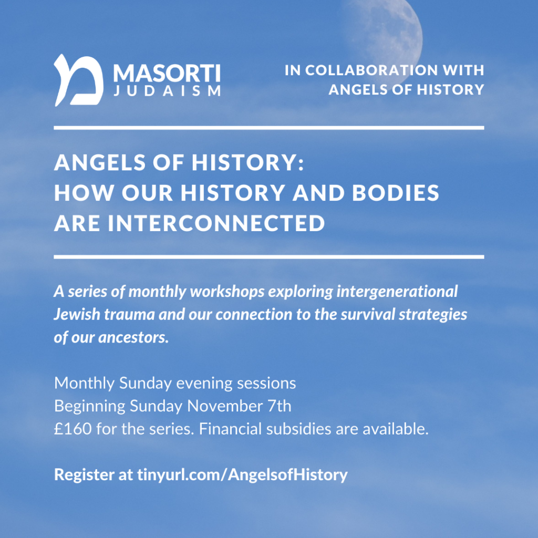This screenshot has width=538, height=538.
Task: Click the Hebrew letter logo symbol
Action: (79, 80)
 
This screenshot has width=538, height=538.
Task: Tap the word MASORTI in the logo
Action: (167, 73)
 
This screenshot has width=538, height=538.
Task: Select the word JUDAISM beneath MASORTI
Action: (167, 90)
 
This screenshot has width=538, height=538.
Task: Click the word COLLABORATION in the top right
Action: (371, 70)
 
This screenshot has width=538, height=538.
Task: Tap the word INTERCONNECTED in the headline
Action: (216, 223)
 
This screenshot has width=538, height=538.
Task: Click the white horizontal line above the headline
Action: (269, 128)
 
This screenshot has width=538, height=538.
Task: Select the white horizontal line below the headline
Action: (269, 256)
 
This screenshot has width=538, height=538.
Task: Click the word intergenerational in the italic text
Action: (397, 292)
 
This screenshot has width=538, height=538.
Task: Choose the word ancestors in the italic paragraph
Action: (133, 338)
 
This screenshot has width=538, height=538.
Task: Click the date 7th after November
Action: (278, 406)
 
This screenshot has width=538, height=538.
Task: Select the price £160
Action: (73, 429)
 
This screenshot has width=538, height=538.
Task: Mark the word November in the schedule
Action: (225, 406)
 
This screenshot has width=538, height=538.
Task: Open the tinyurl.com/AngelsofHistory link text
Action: (242, 475)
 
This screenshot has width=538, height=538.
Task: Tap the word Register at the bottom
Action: (84, 475)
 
